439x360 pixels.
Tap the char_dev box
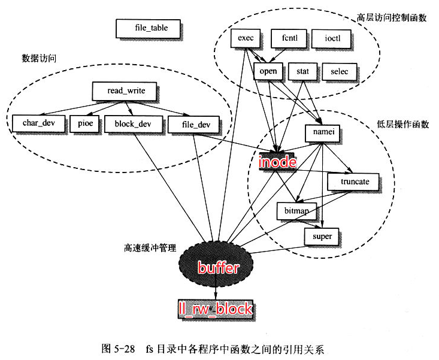(x=39, y=124)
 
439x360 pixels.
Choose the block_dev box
(x=129, y=124)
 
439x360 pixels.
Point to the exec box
(x=246, y=39)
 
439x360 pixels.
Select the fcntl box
(x=289, y=39)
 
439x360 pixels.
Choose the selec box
(x=339, y=72)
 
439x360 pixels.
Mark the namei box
(x=323, y=132)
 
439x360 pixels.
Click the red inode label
(x=277, y=163)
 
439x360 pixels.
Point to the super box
(x=322, y=236)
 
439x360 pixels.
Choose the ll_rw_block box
(x=215, y=309)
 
